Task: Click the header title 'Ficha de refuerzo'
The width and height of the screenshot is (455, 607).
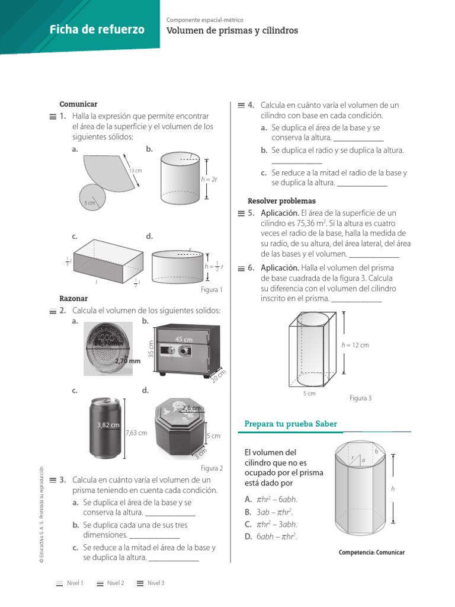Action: [97, 30]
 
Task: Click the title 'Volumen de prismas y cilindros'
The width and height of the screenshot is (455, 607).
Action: [232, 30]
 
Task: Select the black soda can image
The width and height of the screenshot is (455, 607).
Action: [107, 427]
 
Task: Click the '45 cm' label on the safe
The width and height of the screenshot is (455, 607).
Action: [184, 339]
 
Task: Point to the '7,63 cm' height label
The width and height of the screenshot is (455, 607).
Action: [136, 433]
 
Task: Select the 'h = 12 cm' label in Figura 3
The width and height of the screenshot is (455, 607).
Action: [355, 345]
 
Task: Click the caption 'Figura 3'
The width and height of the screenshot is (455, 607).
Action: [360, 398]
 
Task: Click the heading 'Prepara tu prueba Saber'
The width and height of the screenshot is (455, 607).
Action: [291, 424]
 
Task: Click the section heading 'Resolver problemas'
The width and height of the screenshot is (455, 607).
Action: [281, 201]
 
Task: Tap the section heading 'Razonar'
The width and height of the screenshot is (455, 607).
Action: [74, 299]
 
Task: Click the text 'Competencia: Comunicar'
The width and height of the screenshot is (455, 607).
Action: [371, 552]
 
